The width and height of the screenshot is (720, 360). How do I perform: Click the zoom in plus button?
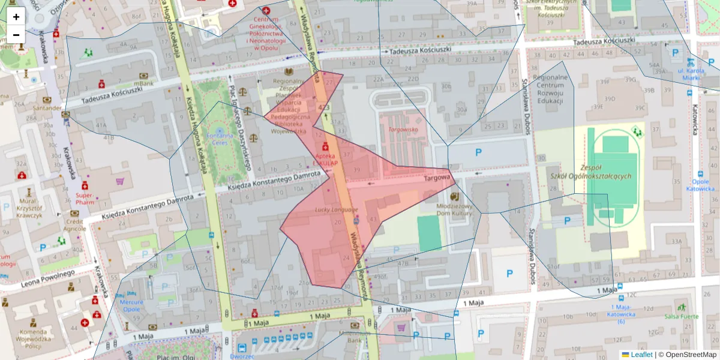click(16, 17)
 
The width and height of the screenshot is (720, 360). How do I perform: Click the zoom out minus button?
click(16, 35)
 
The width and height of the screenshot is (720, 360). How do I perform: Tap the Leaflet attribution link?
click(641, 355)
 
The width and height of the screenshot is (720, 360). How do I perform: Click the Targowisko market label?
click(403, 130)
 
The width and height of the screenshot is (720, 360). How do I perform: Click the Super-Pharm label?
click(85, 199)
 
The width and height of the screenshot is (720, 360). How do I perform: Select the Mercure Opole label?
click(131, 305)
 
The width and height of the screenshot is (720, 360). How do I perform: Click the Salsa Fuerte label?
click(682, 316)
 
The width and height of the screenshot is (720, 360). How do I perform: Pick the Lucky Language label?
click(336, 210)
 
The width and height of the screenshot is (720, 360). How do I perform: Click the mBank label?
click(143, 83)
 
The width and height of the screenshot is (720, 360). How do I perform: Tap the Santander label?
click(47, 108)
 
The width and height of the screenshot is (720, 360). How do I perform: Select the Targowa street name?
click(437, 178)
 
